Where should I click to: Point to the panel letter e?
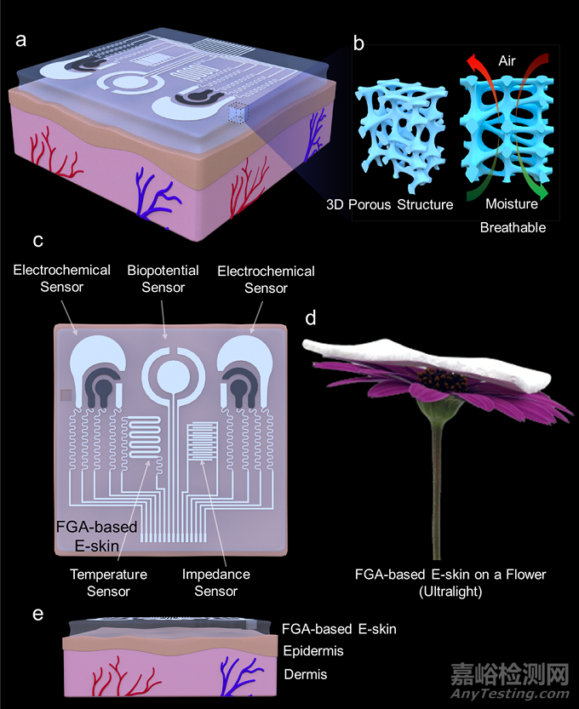click(x=37, y=614)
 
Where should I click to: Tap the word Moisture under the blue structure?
click(x=512, y=205)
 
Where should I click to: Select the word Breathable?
click(x=513, y=228)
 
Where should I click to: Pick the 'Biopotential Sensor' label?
click(x=163, y=279)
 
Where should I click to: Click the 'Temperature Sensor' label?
click(x=108, y=582)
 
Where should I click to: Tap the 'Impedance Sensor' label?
click(x=216, y=582)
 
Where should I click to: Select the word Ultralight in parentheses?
click(x=450, y=592)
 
